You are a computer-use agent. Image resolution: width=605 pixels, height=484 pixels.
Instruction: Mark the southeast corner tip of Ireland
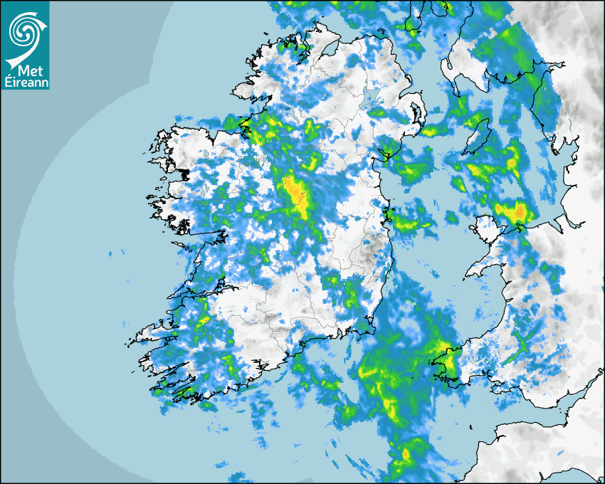pyautogui.click(x=371, y=328)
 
